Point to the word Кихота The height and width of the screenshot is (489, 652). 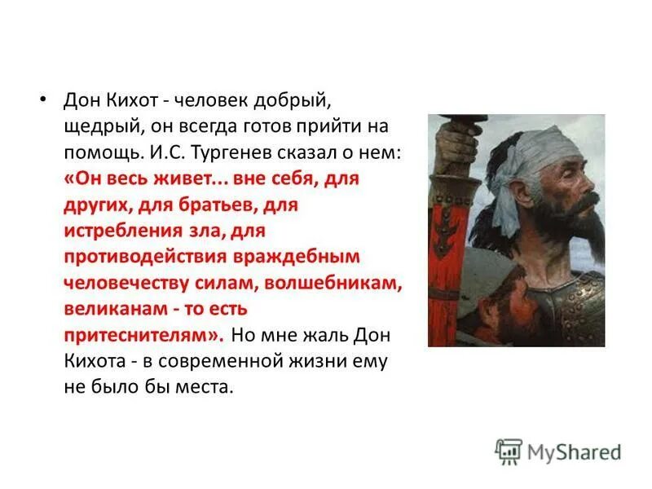click(x=90, y=362)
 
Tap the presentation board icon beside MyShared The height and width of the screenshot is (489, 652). click(x=509, y=451)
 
